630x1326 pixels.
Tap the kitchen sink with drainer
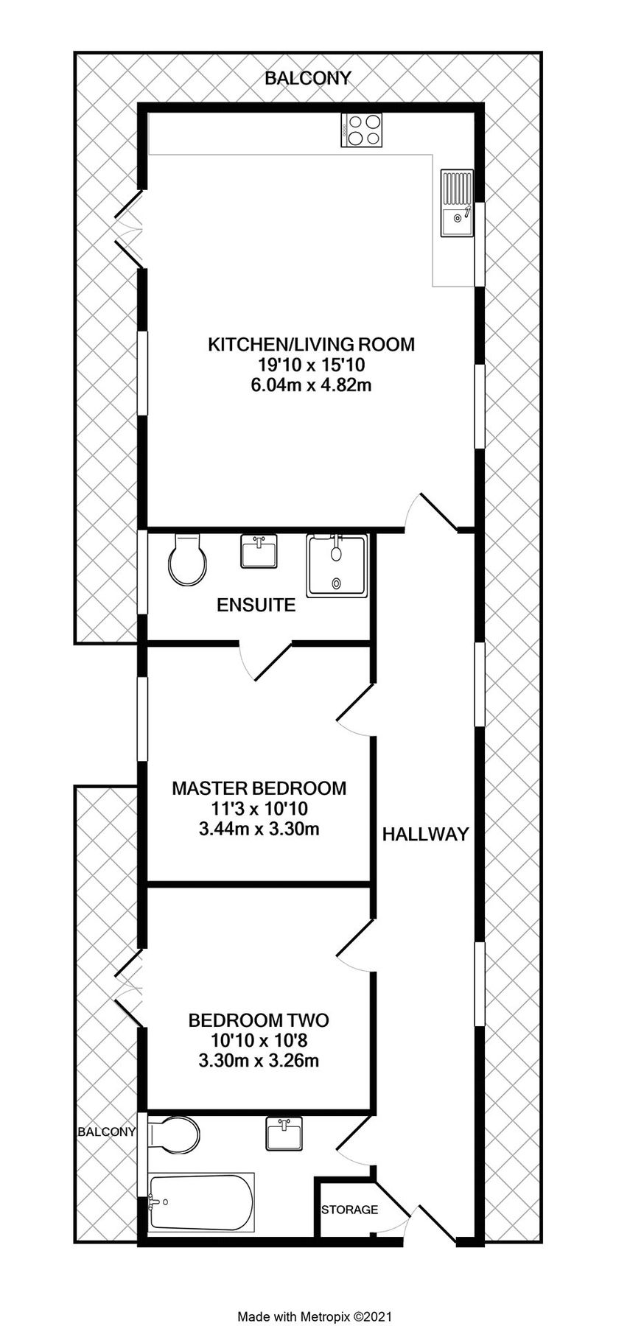[x=457, y=203]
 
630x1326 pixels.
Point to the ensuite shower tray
[x=337, y=566]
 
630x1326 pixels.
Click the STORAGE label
[x=349, y=1210]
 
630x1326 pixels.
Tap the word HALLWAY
[x=425, y=834]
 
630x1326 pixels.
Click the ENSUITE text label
[x=256, y=606]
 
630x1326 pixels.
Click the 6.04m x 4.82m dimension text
[x=311, y=385]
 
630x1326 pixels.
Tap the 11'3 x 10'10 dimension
[x=259, y=809]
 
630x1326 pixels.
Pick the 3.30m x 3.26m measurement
[x=259, y=1062]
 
